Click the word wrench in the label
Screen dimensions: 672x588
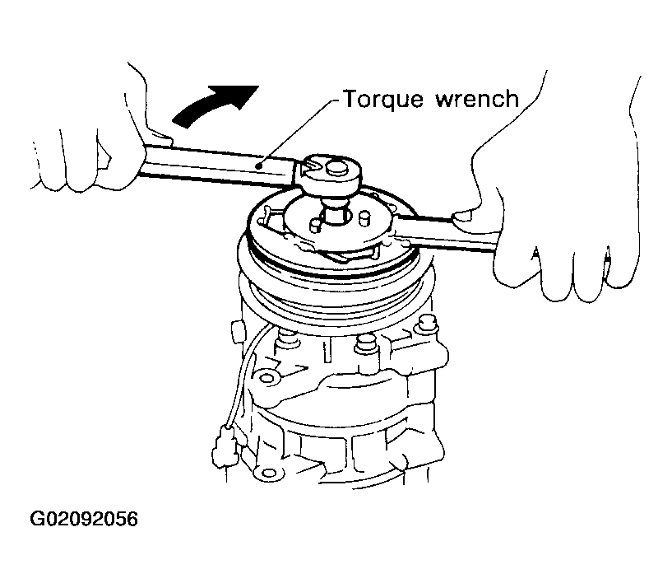pos(477,99)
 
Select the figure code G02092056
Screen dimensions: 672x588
pos(84,519)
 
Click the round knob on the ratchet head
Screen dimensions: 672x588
pos(338,167)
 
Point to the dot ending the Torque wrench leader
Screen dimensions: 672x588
pos(257,166)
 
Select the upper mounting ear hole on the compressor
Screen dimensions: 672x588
pos(267,378)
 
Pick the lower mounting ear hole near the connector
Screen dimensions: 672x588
pos(269,474)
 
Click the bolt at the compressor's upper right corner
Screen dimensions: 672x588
pos(425,325)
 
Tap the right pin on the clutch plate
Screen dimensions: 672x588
pos(364,217)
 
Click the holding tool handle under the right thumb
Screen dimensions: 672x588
pos(446,232)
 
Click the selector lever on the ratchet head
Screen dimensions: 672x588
pos(310,166)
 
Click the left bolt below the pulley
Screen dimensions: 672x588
pos(289,338)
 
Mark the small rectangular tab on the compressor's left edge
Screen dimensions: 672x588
pos(236,331)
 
